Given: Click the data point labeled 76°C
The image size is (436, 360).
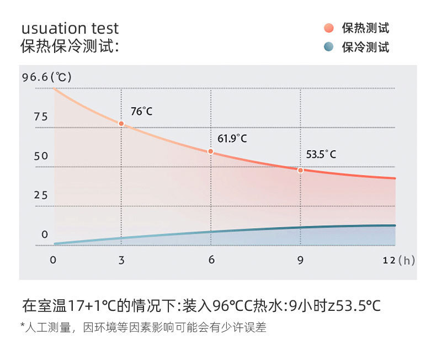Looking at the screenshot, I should [x=121, y=124].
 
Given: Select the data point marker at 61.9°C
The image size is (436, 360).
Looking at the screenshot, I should [x=210, y=151].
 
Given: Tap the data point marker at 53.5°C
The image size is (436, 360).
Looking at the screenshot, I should [x=300, y=170].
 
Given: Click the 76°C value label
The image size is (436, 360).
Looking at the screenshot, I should [x=142, y=112].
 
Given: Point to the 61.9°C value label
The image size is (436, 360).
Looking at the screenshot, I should [x=232, y=139].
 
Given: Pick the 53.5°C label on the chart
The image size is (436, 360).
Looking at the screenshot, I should [x=321, y=155].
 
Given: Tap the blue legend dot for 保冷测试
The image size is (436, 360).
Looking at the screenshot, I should [x=329, y=47].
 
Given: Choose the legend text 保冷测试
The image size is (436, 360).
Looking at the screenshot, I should [x=365, y=47].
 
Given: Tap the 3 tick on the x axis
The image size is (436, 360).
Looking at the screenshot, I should [x=121, y=260].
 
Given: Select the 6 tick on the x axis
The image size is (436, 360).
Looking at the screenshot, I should [x=211, y=260].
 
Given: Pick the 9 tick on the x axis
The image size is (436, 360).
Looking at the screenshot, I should [x=300, y=260].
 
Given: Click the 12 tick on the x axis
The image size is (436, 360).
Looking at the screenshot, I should [x=389, y=260].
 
